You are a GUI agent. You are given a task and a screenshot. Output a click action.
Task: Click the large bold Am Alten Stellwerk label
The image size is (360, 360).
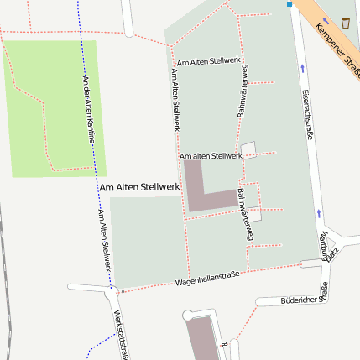[x=139, y=188]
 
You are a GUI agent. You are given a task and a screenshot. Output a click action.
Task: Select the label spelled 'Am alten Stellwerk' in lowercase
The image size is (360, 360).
[x=211, y=156]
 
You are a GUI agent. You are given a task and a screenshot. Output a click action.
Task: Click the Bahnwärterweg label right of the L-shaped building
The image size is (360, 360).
[x=244, y=214]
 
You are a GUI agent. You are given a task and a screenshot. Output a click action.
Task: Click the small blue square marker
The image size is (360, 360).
[x=290, y=4]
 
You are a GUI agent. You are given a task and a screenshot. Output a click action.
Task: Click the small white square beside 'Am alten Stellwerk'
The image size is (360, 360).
[x=248, y=149]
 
